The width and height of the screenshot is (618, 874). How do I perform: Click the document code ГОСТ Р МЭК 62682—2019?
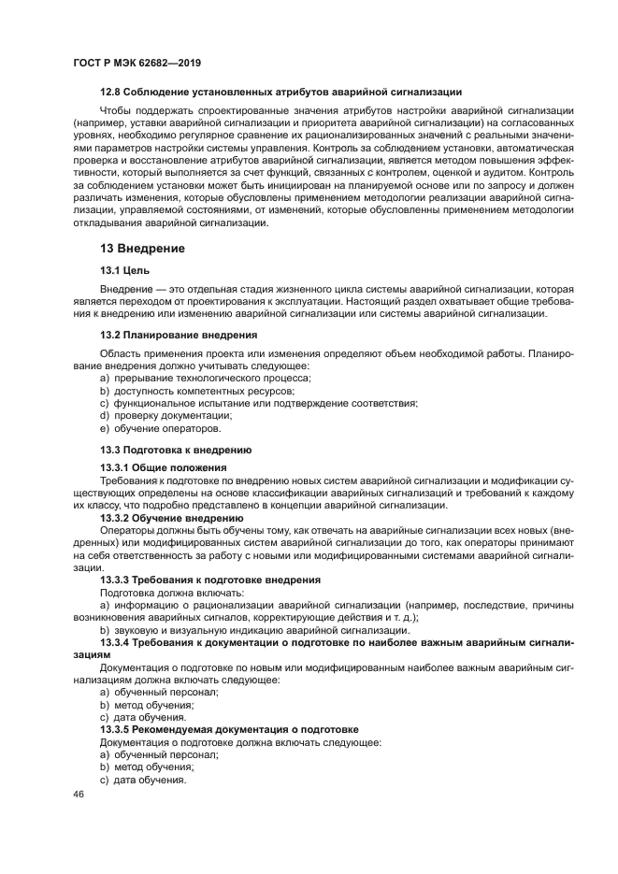click(137, 63)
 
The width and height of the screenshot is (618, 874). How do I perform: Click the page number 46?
click(79, 794)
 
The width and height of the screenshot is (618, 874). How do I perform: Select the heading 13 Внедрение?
click(142, 249)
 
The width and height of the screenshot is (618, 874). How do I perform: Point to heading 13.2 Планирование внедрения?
click(179, 335)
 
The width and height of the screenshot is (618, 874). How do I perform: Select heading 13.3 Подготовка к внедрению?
click(176, 450)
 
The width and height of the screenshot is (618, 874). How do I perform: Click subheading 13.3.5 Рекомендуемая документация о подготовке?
click(229, 728)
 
